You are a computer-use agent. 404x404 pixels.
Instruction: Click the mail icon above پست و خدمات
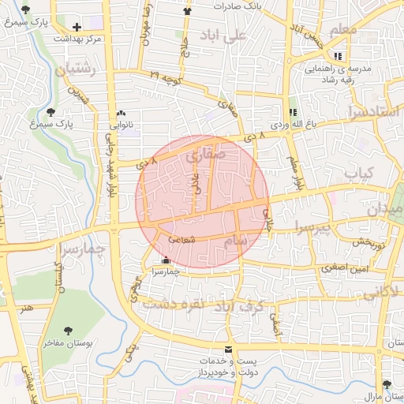pyautogui.click(x=229, y=349)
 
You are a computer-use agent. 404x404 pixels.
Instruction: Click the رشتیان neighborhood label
pyautogui.click(x=76, y=70)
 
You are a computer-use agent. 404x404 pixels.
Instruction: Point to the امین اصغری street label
pyautogui.click(x=340, y=268)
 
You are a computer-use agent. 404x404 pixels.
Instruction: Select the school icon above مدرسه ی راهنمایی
pyautogui.click(x=339, y=56)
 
